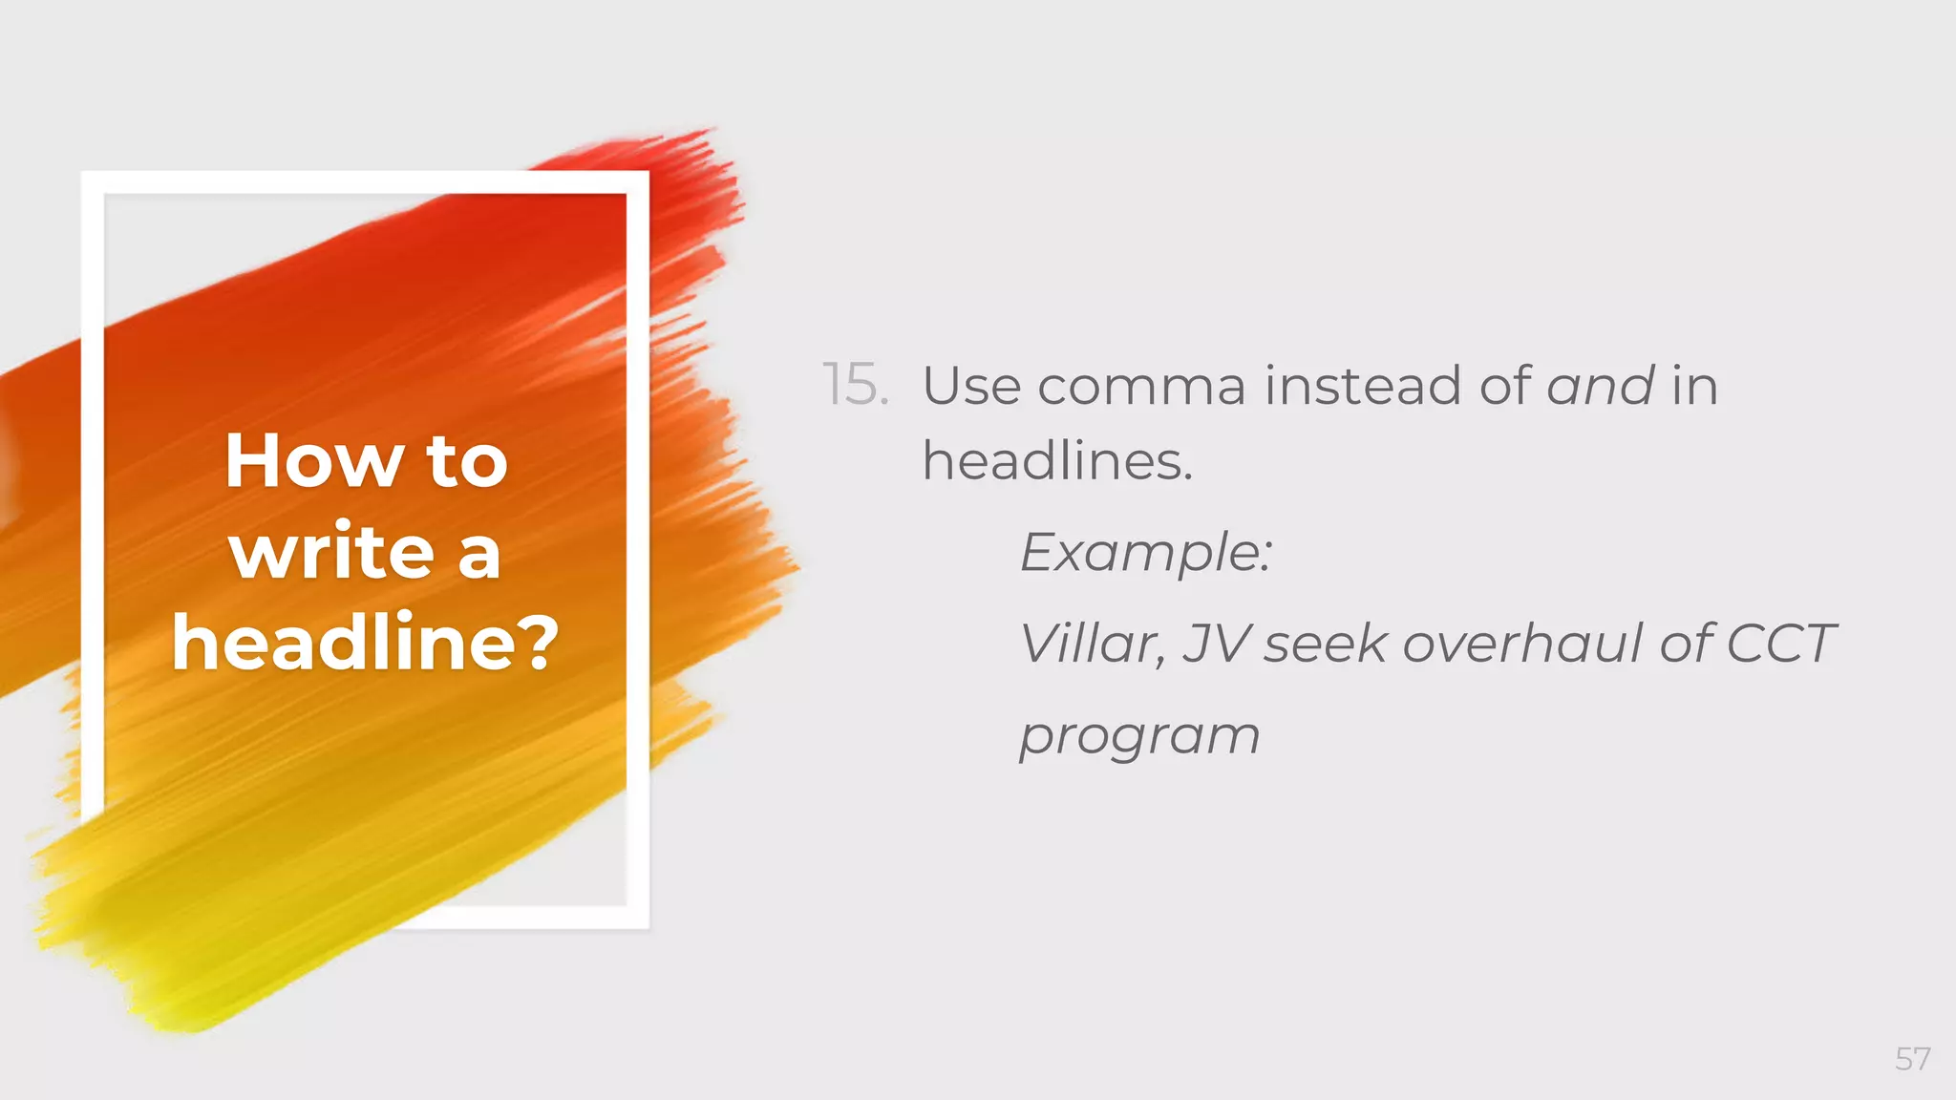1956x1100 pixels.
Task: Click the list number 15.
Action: (855, 386)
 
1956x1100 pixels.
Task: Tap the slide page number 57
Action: (1912, 1059)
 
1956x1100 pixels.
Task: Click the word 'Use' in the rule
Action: (970, 386)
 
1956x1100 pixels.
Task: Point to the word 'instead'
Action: (1363, 386)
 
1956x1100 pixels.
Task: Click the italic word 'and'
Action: (1600, 386)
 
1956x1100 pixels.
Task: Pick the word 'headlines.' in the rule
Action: (1057, 461)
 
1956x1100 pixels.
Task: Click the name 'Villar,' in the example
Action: (1093, 643)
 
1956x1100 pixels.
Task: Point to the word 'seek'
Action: (1325, 643)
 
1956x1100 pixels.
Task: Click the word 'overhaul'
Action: (1522, 643)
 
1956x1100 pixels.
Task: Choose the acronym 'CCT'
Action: (1780, 643)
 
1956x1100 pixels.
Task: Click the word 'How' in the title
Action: (314, 462)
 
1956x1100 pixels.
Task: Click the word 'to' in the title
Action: (467, 462)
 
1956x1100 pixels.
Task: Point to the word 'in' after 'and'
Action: (1694, 386)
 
